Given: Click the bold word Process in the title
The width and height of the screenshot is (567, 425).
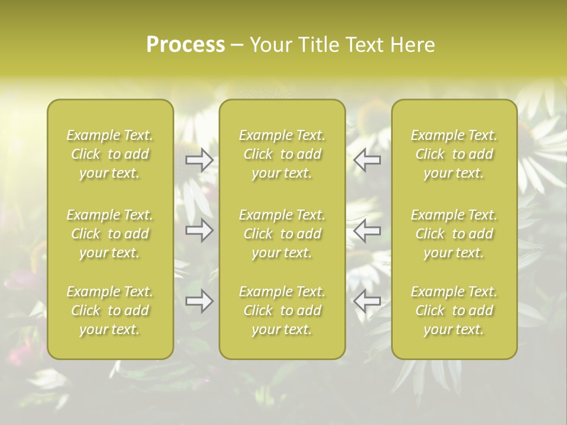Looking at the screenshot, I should point(185,45).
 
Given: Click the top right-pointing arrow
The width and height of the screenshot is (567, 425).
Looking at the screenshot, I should point(200,160).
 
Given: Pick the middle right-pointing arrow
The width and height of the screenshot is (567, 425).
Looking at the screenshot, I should point(200,230).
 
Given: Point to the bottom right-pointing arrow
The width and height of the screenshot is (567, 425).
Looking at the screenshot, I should point(200,302).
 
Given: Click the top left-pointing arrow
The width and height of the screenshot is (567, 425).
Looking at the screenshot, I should point(367,160).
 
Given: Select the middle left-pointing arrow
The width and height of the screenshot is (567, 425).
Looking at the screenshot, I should point(367,230).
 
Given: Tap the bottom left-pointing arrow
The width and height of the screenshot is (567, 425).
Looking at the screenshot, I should point(367,302).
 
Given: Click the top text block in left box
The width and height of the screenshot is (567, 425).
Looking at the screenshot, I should point(110,154).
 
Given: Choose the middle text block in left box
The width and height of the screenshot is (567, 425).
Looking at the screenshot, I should point(110,234).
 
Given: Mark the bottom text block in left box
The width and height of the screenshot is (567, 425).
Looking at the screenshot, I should point(110,310).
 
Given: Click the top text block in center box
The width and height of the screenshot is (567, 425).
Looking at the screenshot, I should point(282,154).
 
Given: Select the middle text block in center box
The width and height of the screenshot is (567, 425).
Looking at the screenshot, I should point(282,234).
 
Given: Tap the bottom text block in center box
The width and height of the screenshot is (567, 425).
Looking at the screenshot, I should point(282,310).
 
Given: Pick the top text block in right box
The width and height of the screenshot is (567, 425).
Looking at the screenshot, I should point(454,154).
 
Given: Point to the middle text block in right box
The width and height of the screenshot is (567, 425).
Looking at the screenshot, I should point(454,234).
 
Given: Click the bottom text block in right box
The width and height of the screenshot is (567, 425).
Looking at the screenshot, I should point(454,310).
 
